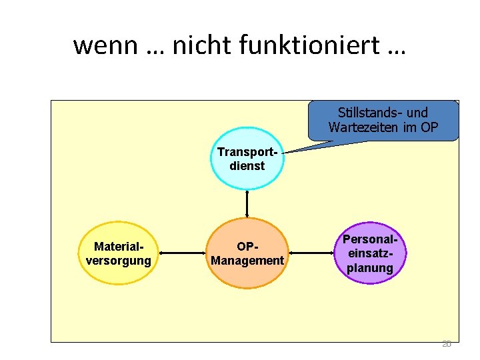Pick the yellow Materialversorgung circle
pyautogui.click(x=119, y=253)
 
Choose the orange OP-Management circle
pyautogui.click(x=247, y=253)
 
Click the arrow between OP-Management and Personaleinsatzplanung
pyautogui.click(x=311, y=253)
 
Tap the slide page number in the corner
pyautogui.click(x=446, y=344)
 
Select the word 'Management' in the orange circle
pyautogui.click(x=247, y=260)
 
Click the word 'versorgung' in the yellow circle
pyautogui.click(x=119, y=260)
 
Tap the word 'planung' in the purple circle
pyautogui.click(x=370, y=268)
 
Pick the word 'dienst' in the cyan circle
pyautogui.click(x=247, y=166)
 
